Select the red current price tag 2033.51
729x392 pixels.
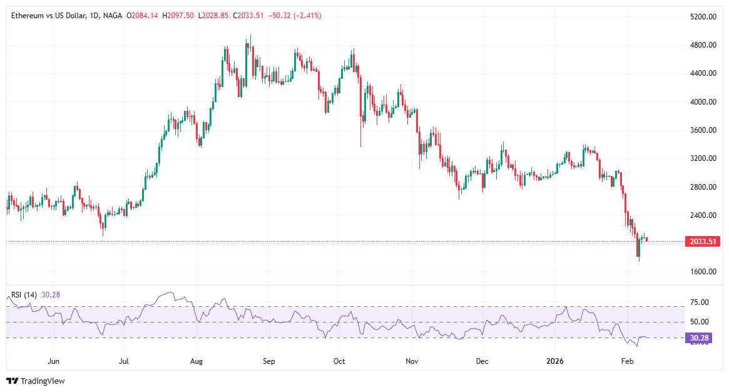coord(703,241)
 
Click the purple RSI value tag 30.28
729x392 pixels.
coord(698,338)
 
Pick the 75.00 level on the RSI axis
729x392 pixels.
coord(699,302)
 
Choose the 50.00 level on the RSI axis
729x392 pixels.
coord(699,322)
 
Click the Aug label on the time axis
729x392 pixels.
coord(196,361)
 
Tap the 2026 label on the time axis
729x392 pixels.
coord(556,361)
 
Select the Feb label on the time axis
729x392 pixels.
coord(627,361)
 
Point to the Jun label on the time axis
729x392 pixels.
coord(54,361)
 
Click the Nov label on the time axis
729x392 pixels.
coord(411,361)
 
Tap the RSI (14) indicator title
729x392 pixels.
coord(24,295)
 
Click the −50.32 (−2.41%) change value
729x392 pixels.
coord(295,16)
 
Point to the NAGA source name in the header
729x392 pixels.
coord(113,16)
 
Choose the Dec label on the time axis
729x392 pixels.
coord(482,361)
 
